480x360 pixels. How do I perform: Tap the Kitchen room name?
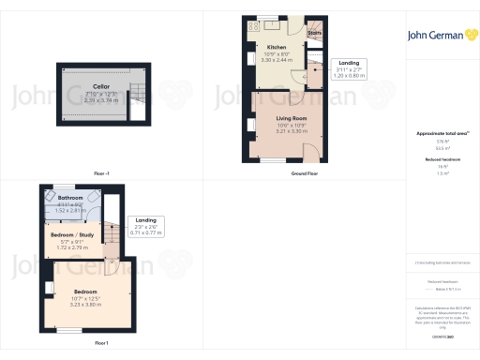pyautogui.click(x=277, y=47)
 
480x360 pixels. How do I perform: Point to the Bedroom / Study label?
pyautogui.click(x=72, y=234)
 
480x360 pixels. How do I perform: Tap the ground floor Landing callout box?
pyautogui.click(x=349, y=69)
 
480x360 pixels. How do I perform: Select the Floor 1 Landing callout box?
pyautogui.click(x=145, y=225)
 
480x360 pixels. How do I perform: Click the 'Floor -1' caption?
pyautogui.click(x=101, y=174)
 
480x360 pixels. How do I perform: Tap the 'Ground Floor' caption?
pyautogui.click(x=301, y=174)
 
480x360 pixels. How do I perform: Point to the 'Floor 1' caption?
pyautogui.click(x=101, y=343)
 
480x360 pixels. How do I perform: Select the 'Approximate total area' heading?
pyautogui.click(x=442, y=134)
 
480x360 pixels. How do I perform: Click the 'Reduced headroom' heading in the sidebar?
pyautogui.click(x=442, y=160)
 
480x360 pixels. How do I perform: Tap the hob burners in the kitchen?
pyautogui.click(x=252, y=26)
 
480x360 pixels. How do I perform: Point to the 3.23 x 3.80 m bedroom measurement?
pyautogui.click(x=85, y=306)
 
